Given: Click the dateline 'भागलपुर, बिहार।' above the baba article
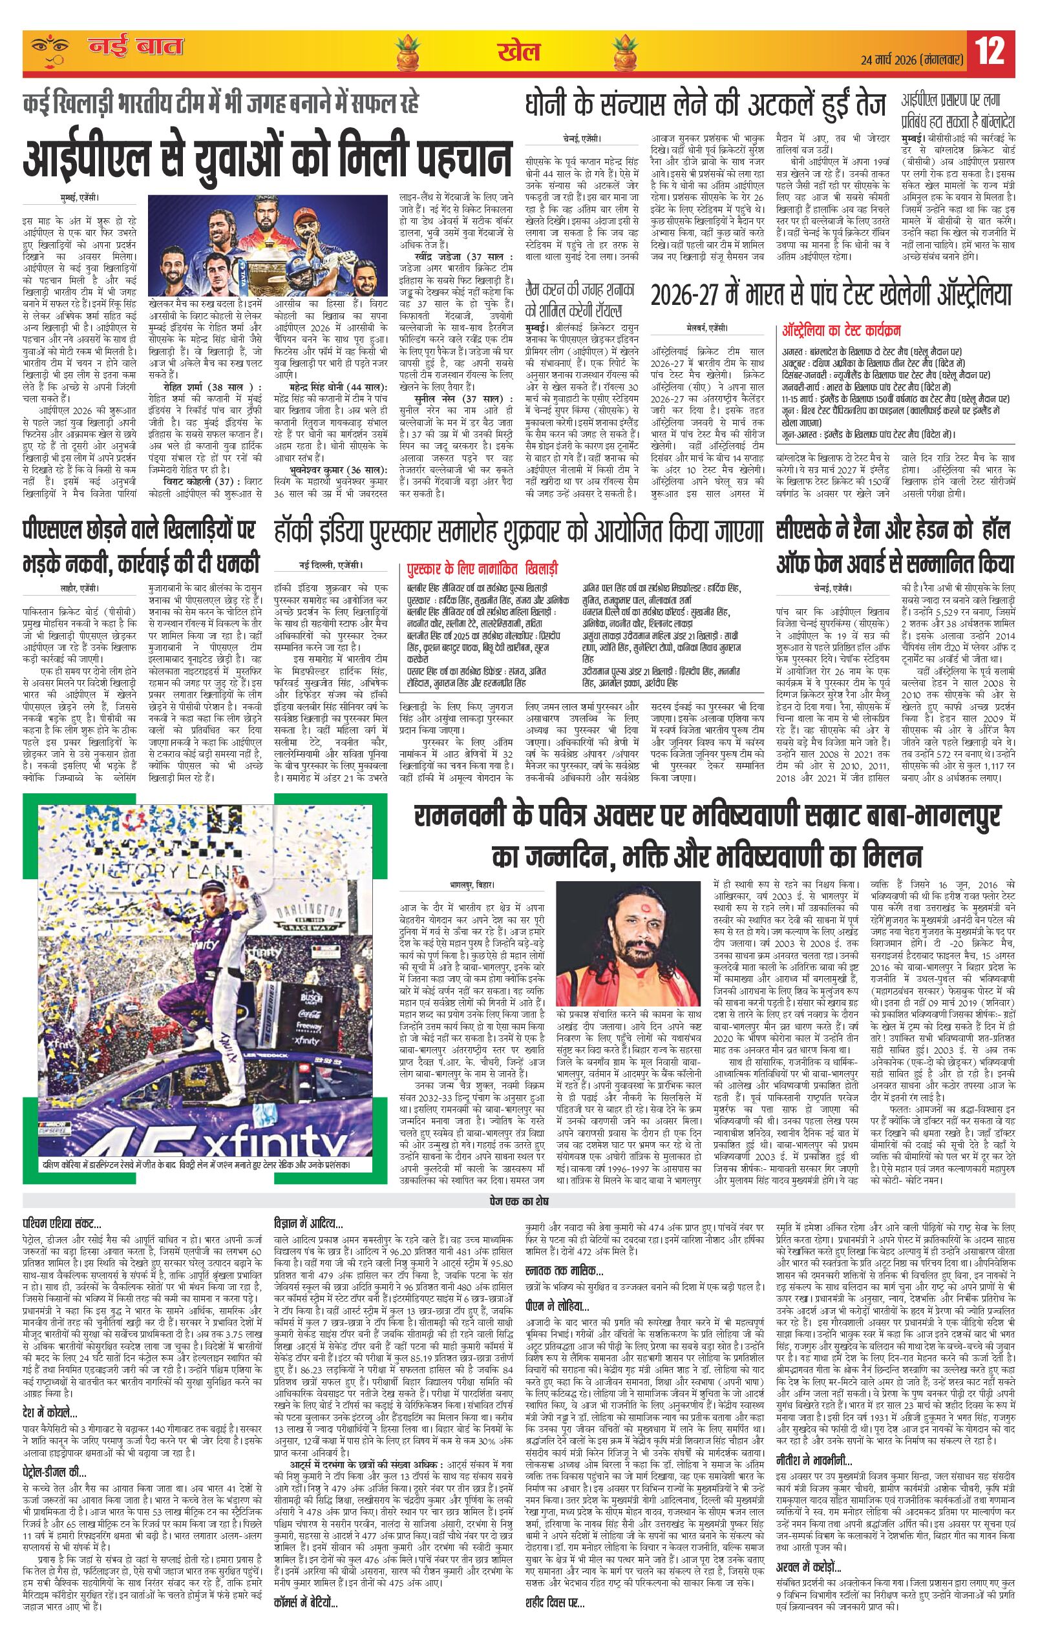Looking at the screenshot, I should click(x=472, y=884).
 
